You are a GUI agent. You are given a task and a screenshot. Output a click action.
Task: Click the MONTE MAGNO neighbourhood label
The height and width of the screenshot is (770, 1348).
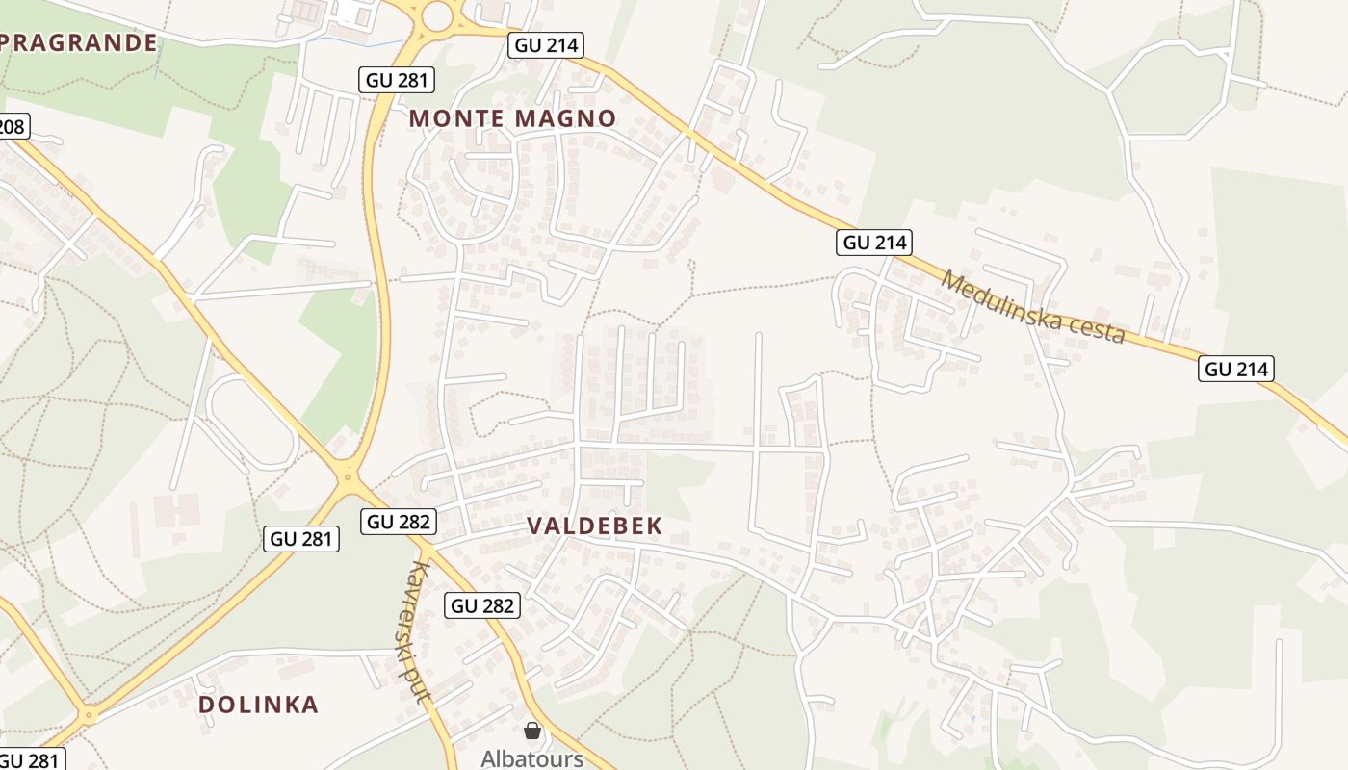[512, 118]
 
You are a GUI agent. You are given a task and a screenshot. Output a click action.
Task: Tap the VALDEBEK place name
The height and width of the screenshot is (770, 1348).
[595, 526]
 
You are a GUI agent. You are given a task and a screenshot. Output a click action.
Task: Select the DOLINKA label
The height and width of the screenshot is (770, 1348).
[258, 705]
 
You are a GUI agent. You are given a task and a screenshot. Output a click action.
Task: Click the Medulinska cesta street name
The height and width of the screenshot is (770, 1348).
[1033, 307]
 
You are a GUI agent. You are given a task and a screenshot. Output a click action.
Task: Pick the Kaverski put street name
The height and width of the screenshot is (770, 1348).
[417, 631]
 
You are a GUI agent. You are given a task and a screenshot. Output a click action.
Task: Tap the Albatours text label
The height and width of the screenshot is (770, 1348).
[531, 758]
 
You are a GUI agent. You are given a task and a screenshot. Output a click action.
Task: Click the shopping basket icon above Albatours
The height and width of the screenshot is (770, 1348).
[532, 731]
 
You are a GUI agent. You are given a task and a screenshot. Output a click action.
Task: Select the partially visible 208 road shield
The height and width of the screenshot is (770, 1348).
[13, 126]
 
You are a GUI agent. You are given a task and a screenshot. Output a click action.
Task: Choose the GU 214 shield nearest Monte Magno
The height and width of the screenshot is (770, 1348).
[546, 45]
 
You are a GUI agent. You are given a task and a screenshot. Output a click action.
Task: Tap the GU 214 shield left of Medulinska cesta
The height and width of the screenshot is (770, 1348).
[874, 243]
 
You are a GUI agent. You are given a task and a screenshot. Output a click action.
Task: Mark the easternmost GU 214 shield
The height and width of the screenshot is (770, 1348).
[1236, 369]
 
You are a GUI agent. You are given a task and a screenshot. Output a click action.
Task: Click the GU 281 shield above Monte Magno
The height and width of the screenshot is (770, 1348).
[398, 80]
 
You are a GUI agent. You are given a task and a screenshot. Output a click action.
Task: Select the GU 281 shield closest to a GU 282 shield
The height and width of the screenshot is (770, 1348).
[301, 539]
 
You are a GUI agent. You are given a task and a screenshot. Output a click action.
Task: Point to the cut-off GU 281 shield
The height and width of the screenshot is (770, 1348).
[32, 759]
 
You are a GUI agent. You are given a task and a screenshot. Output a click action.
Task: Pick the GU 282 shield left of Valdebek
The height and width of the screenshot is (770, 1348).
[400, 522]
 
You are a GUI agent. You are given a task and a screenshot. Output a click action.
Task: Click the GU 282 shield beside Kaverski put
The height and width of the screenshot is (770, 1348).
[483, 605]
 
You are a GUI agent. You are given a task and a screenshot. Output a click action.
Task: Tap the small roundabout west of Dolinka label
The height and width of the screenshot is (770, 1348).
[89, 715]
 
